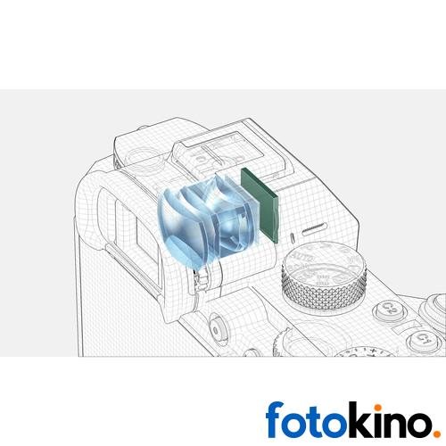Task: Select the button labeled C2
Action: click(x=390, y=309)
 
